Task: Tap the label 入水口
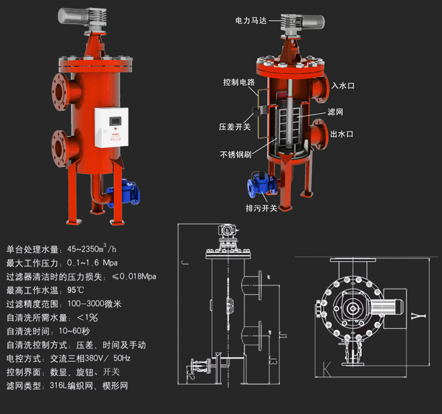click(342, 86)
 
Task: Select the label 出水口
click(342, 134)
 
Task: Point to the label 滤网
click(336, 111)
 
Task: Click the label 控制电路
click(239, 82)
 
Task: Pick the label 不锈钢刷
click(236, 155)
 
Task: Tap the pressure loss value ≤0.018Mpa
click(134, 277)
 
